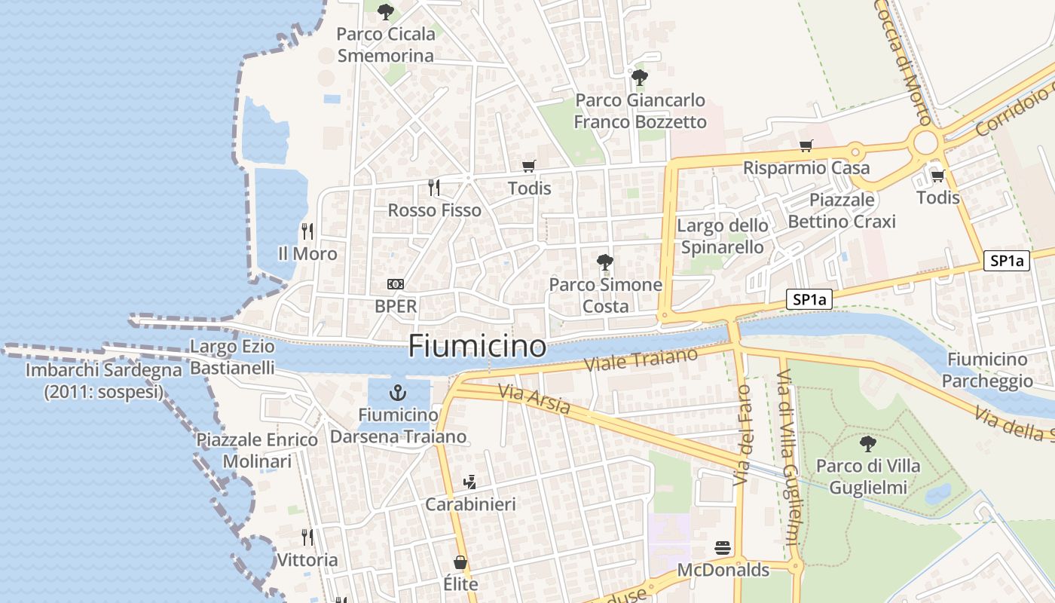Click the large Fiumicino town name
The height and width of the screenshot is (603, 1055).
477,346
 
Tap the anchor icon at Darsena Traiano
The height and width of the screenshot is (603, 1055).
397,393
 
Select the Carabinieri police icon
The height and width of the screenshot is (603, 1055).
470,481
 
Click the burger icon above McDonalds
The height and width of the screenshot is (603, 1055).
723,548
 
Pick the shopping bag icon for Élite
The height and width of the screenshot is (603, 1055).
460,562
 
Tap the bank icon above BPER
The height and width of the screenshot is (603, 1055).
395,284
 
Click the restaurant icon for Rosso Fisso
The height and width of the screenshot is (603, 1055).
434,187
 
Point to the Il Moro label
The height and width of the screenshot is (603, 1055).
307,254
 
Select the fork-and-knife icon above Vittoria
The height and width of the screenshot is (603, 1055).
307,537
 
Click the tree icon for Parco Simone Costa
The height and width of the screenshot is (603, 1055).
604,262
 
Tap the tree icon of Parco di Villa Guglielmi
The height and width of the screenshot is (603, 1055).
868,443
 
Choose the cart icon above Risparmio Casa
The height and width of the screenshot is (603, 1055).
806,145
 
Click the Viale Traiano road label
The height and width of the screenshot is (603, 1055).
641,359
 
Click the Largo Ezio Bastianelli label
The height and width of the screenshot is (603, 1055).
232,357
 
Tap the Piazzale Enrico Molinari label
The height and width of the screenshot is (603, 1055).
257,450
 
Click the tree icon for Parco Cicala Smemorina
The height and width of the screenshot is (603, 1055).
386,12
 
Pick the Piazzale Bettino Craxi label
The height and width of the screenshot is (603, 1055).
842,210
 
